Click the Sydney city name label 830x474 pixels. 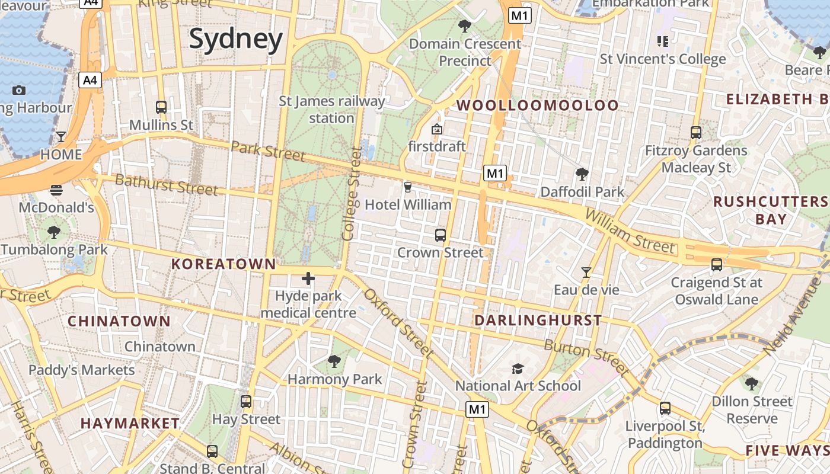[236, 40]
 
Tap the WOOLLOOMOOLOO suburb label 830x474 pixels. [538, 105]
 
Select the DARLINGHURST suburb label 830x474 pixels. [538, 321]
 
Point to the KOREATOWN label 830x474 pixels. [224, 264]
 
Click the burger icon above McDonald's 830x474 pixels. [56, 190]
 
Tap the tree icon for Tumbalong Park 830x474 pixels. [54, 232]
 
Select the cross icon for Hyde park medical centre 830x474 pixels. [308, 278]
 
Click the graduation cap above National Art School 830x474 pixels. [518, 369]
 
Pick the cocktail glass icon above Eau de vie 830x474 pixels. [586, 272]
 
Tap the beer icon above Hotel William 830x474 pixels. [407, 187]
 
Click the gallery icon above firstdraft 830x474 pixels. [437, 129]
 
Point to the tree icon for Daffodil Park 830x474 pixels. [582, 174]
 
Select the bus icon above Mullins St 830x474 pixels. [161, 107]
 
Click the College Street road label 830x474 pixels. [351, 194]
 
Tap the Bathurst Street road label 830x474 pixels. [166, 184]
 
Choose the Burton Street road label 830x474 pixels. [586, 357]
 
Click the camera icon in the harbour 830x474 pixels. [19, 90]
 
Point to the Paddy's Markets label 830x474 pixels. [82, 370]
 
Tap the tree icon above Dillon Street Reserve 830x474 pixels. [752, 384]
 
